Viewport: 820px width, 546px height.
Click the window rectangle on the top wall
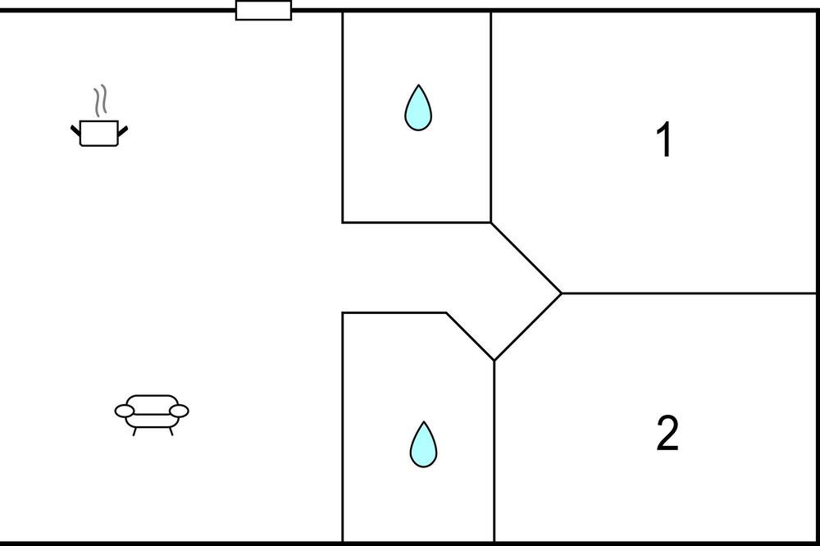(263, 11)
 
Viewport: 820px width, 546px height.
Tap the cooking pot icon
(99, 133)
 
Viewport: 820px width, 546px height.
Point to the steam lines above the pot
(100, 101)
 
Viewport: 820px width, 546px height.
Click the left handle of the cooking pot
(76, 129)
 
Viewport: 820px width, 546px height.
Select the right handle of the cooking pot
(123, 129)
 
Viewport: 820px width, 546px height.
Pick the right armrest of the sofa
(179, 410)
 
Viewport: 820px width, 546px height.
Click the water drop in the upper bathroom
(418, 108)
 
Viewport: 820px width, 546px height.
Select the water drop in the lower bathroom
(423, 445)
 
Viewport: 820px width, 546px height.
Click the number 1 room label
(665, 140)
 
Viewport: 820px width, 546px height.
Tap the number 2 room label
(667, 435)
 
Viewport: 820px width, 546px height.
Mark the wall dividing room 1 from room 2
(689, 293)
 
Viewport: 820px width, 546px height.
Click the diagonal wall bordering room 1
(526, 257)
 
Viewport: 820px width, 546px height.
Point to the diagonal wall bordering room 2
(528, 326)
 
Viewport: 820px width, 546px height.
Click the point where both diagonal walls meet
(562, 293)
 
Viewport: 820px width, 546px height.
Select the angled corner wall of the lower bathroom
(470, 336)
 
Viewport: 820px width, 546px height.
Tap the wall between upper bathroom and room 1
(490, 115)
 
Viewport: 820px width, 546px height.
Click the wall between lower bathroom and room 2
(494, 451)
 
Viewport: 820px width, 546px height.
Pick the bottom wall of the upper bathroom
(416, 222)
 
